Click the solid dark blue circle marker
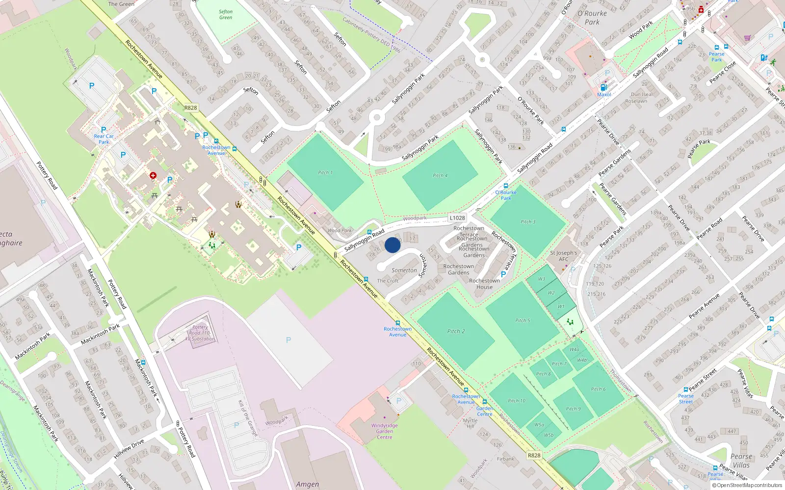click(392, 245)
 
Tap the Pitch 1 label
click(325, 172)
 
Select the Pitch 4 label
click(440, 175)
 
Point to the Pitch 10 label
click(516, 401)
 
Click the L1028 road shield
click(457, 218)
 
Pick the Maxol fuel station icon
click(603, 88)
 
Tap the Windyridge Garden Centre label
click(384, 431)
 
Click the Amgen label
click(307, 484)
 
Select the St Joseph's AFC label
click(563, 256)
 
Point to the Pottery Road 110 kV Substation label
click(200, 333)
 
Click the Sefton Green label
click(226, 15)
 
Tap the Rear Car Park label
click(104, 139)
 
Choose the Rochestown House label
click(484, 284)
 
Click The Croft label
click(388, 281)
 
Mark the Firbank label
click(505, 459)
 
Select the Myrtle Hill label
click(470, 423)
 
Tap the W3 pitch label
click(541, 279)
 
